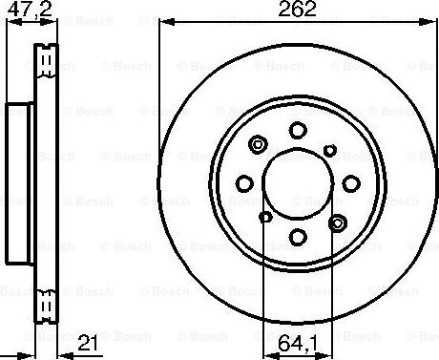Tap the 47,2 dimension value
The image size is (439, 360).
click(x=24, y=11)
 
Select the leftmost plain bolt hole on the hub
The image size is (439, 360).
click(x=245, y=182)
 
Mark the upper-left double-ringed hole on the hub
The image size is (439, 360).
click(x=257, y=144)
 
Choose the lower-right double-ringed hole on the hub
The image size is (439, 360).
click(x=336, y=222)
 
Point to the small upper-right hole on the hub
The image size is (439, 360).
click(x=329, y=149)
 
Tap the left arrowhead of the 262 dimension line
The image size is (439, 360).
click(x=163, y=23)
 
